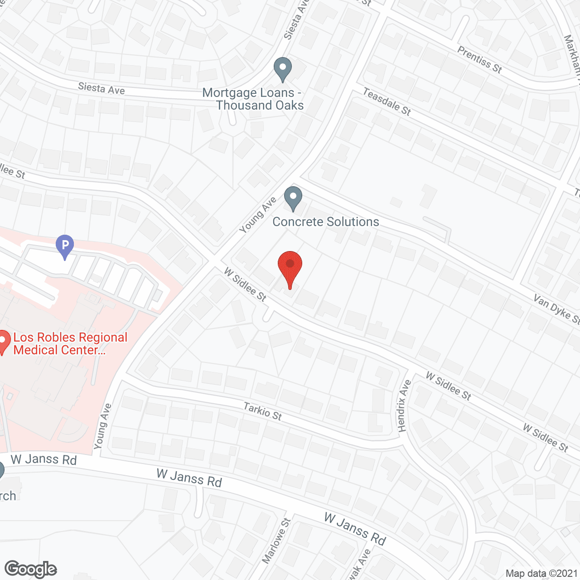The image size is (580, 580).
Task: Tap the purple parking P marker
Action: [x=65, y=246]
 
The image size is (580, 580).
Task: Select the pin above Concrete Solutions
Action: [x=293, y=198]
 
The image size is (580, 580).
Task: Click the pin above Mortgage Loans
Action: [x=283, y=69]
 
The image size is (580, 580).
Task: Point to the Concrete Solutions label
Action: [x=326, y=222]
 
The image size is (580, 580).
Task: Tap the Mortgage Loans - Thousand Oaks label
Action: [x=253, y=99]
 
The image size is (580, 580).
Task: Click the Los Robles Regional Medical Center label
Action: [x=70, y=343]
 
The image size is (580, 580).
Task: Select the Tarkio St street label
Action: [x=263, y=411]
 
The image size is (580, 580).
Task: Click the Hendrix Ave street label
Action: [x=404, y=406]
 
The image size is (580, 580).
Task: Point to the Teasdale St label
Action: [x=387, y=101]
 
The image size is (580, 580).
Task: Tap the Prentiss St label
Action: [x=479, y=59]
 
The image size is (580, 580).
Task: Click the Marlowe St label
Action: [x=276, y=541]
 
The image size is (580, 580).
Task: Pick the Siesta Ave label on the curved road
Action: [x=101, y=88]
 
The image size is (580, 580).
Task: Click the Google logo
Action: [x=31, y=569]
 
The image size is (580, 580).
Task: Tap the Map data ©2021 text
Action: [x=541, y=573]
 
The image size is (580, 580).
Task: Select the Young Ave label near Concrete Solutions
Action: [x=258, y=215]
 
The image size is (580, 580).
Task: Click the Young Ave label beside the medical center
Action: [x=102, y=426]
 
